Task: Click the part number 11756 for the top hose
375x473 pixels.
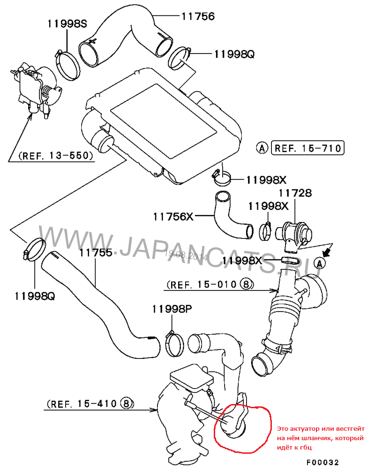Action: click(198, 16)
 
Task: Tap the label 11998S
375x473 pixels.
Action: click(67, 23)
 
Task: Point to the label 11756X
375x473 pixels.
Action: click(172, 216)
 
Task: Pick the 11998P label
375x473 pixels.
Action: click(172, 309)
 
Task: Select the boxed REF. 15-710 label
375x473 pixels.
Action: click(308, 148)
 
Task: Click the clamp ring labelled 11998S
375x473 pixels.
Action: click(68, 66)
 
